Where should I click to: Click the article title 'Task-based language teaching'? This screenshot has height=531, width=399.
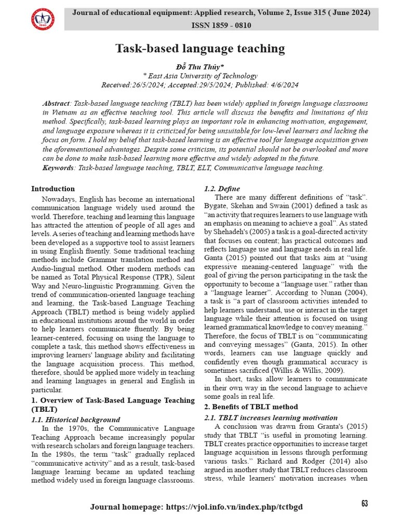coord(199,49)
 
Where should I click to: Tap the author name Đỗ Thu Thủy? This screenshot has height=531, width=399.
coord(199,66)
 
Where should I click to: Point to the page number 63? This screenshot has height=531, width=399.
coord(364,504)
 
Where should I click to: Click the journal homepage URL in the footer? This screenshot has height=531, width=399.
coord(234,507)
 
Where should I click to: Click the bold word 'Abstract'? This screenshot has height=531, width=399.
coord(57,104)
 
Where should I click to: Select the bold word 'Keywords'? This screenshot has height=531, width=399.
coord(58,167)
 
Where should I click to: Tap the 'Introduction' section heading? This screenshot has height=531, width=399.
coord(53,189)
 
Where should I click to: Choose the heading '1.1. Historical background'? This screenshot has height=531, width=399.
coord(76,420)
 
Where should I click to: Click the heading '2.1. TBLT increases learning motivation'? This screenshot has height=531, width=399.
coord(271,417)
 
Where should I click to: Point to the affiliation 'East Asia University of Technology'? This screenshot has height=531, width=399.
coord(201,76)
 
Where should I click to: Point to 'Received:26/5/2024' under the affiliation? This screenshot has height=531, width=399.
coord(134,85)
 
